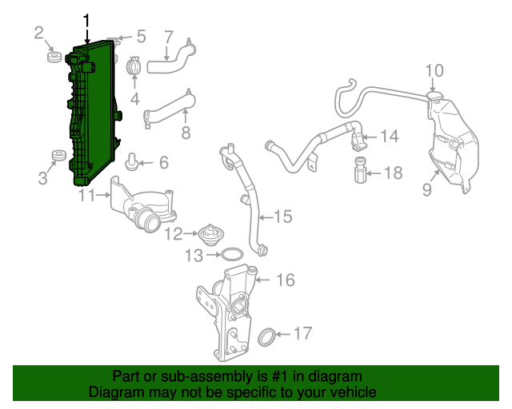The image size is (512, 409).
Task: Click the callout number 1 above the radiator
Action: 86,20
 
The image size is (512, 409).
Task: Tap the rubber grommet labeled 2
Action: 54,58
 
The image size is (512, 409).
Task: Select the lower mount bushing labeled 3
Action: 58,155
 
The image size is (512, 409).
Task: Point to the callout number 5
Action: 141,36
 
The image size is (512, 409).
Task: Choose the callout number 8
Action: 186,133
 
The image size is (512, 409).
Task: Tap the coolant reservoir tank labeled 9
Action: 452,144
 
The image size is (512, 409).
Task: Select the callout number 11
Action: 87,195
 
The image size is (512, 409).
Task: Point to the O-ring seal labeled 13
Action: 231,256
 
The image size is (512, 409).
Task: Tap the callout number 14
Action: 389,137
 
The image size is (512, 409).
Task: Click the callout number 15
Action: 283,216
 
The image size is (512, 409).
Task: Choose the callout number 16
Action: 286,280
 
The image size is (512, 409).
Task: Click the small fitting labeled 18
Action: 360,171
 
